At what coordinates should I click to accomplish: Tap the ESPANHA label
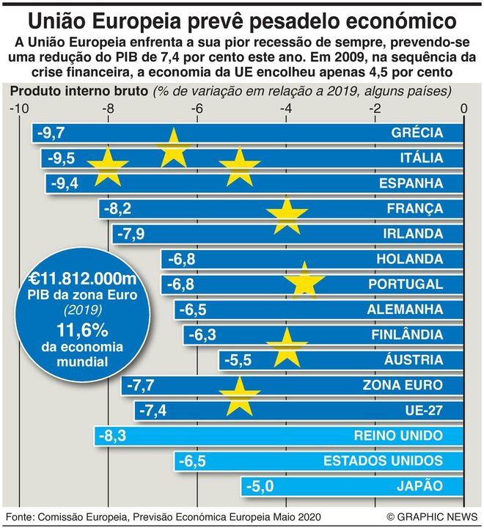tap(411, 183)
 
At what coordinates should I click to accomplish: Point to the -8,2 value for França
tap(117, 209)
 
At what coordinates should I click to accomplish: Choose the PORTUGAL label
tap(406, 285)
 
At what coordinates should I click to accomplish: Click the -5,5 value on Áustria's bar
tap(237, 360)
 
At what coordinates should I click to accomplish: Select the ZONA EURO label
tap(403, 385)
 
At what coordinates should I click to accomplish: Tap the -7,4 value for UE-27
tap(153, 410)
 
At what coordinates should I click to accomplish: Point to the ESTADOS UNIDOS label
tap(383, 461)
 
